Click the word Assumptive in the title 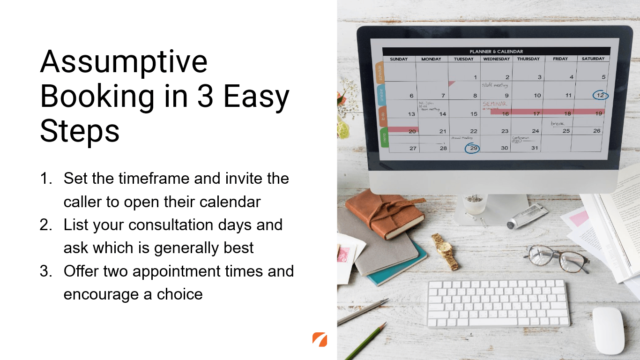pyautogui.click(x=124, y=61)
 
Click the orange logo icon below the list pyautogui.click(x=320, y=339)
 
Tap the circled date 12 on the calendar pyautogui.click(x=600, y=95)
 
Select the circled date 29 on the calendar pyautogui.click(x=473, y=148)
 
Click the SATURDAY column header pyautogui.click(x=593, y=59)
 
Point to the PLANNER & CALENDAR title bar pyautogui.click(x=496, y=52)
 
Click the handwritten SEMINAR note pyautogui.click(x=495, y=104)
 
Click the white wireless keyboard pyautogui.click(x=498, y=303)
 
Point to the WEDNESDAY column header pyautogui.click(x=496, y=59)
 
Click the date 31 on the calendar pyautogui.click(x=535, y=148)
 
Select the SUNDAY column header pyautogui.click(x=399, y=59)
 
